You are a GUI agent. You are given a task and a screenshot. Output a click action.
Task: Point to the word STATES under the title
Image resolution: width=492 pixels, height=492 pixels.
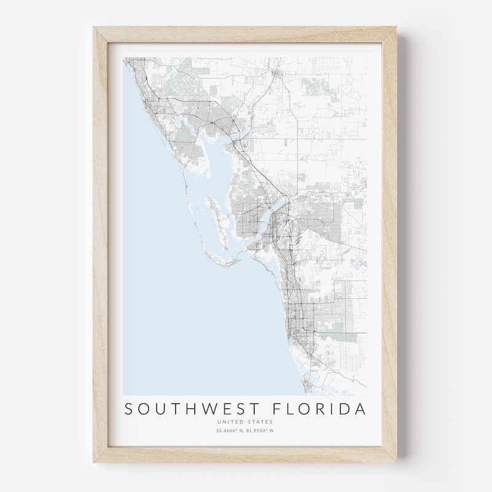pyautogui.click(x=260, y=422)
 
